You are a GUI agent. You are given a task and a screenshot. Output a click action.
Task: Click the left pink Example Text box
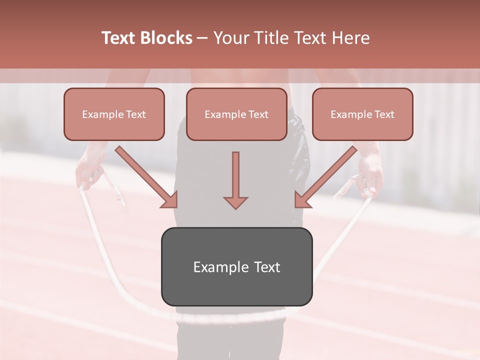click(x=114, y=114)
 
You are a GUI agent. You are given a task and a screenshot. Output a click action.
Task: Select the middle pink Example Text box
click(x=236, y=114)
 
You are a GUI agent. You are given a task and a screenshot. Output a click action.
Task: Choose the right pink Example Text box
click(x=362, y=114)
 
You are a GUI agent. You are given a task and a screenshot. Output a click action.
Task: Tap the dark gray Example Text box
click(x=236, y=266)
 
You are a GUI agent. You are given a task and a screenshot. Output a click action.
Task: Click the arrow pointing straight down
click(x=235, y=177)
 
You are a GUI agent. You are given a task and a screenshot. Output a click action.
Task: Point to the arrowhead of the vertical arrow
click(x=235, y=202)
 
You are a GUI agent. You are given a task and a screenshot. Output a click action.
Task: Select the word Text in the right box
click(x=384, y=114)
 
